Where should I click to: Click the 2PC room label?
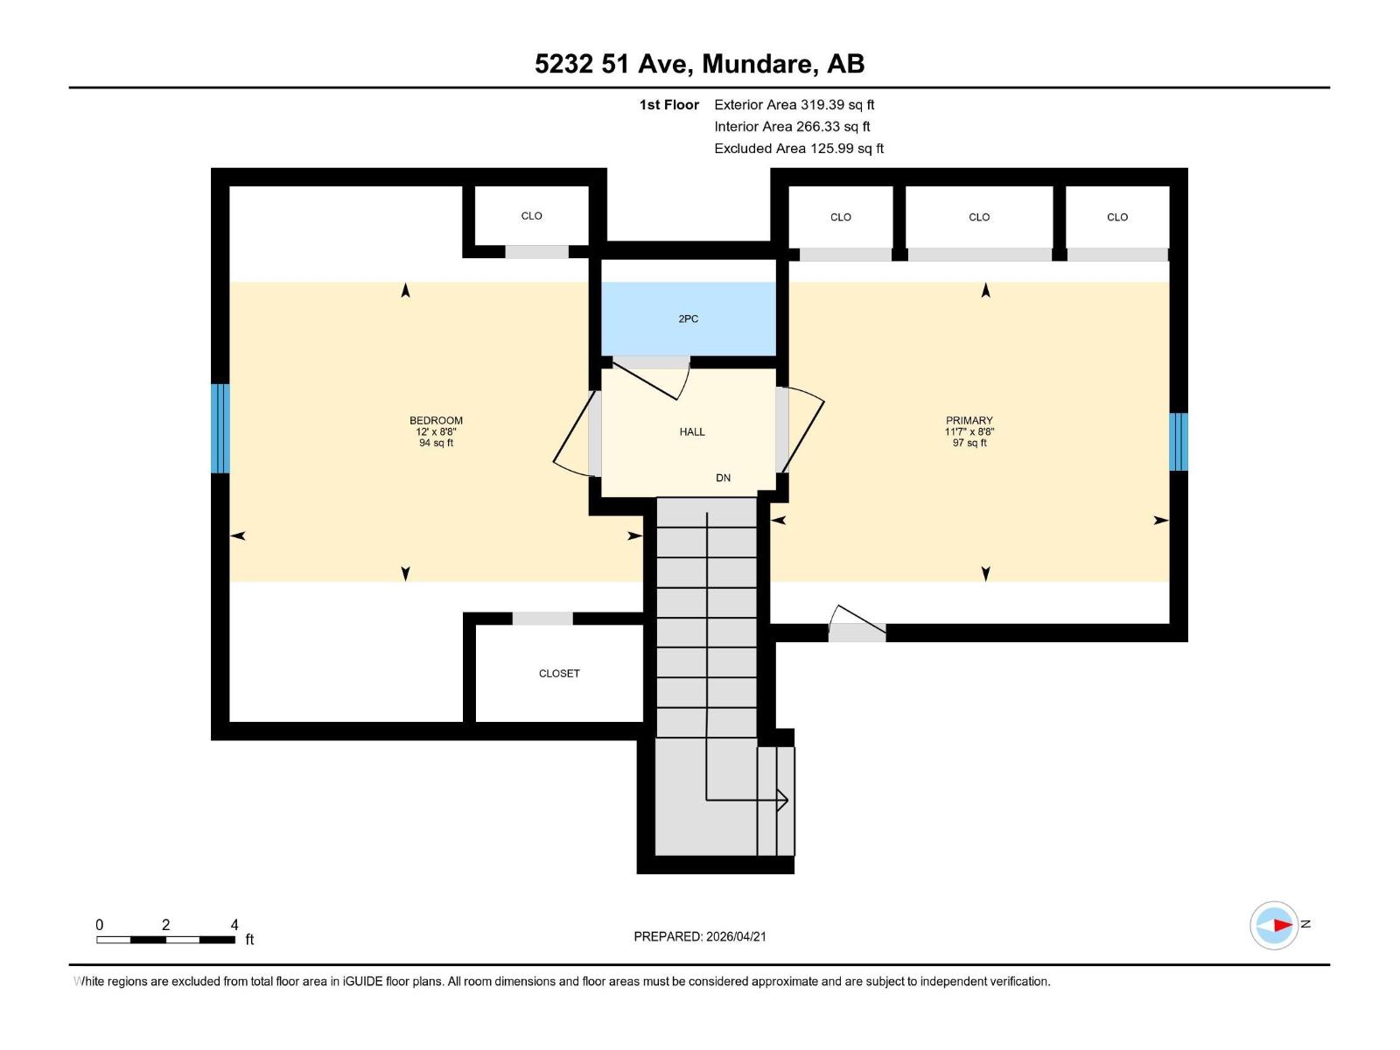click(688, 319)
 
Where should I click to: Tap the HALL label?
click(691, 431)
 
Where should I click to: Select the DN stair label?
click(723, 478)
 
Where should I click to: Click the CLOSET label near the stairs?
click(559, 673)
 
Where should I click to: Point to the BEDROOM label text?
click(436, 421)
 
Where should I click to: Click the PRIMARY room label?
click(969, 421)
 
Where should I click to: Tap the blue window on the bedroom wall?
click(220, 428)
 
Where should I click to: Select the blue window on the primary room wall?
click(1179, 441)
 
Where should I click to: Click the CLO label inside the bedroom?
click(531, 216)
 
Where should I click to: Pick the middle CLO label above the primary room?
click(979, 217)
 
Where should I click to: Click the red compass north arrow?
click(1282, 925)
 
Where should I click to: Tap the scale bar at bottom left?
click(165, 940)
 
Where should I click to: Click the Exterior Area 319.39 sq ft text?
click(794, 105)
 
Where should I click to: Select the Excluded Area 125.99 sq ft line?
click(798, 149)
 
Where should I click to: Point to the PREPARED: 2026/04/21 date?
click(700, 936)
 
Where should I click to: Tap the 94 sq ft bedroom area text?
click(436, 443)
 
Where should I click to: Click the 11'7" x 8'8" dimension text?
click(969, 432)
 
